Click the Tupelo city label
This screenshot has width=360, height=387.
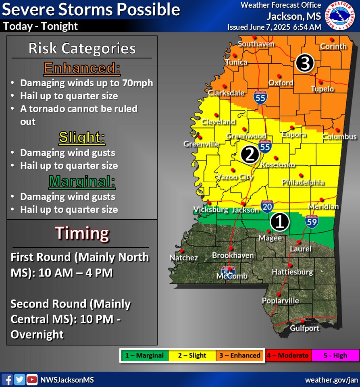click(322, 89)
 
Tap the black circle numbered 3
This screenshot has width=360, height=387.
click(305, 63)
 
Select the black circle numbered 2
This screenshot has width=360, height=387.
click(250, 155)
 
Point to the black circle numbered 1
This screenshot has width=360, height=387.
click(280, 221)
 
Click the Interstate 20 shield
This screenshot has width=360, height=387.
click(266, 206)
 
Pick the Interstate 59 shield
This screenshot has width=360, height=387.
click(312, 221)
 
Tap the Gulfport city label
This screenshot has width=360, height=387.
click(305, 328)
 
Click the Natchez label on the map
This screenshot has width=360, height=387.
click(184, 258)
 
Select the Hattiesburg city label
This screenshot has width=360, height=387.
click(292, 272)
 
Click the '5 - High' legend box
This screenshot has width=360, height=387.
click(335, 356)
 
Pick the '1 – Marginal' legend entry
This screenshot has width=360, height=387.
click(144, 356)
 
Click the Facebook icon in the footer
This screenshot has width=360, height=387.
click(7, 379)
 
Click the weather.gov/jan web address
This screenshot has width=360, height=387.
click(331, 380)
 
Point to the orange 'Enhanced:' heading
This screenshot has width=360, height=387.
click(82, 68)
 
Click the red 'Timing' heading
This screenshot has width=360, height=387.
click(82, 233)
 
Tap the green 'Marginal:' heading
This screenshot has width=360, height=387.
click(82, 182)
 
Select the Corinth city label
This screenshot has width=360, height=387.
click(333, 46)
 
